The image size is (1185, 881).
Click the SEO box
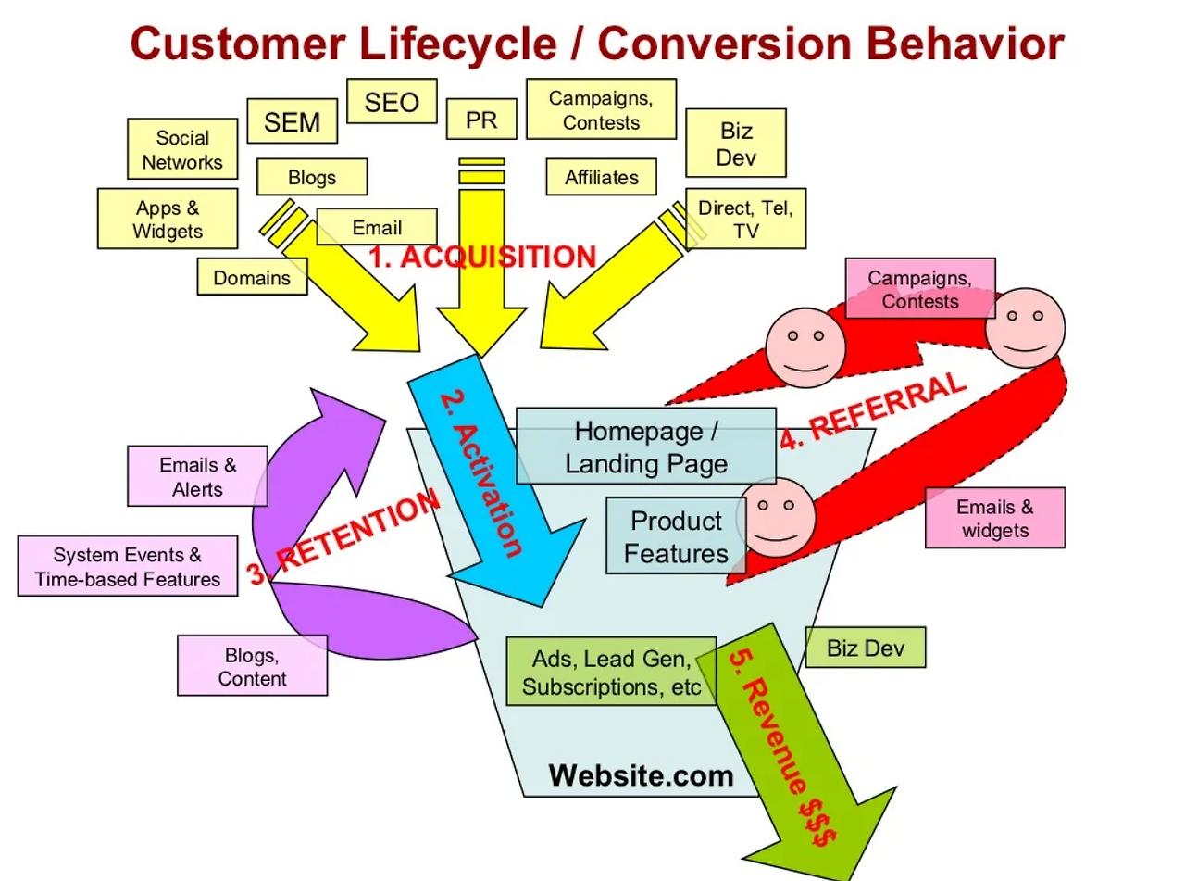pos(392,101)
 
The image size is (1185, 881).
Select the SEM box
pos(293,120)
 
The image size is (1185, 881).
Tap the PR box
pos(481,119)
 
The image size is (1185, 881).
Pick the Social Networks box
pos(182,148)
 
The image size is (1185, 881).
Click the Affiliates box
pos(601,177)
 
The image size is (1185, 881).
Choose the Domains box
pos(252,276)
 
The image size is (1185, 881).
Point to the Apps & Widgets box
pos(168,218)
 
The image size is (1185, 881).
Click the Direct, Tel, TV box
pos(745,218)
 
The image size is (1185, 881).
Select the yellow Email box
pos(377,227)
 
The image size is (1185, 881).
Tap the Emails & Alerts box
pos(197,476)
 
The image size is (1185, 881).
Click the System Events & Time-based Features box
pos(128,566)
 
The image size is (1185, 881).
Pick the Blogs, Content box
pos(252,665)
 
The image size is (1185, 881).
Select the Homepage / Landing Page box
pos(646,446)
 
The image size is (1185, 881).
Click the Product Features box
pos(676,535)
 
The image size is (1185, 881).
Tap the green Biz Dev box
pos(866,648)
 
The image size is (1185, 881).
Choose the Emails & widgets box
pos(995,518)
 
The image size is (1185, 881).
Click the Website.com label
pos(642,775)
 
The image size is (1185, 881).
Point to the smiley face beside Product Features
pos(776,518)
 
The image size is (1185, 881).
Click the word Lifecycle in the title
pos(458,44)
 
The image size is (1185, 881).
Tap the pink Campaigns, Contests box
pos(920,288)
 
